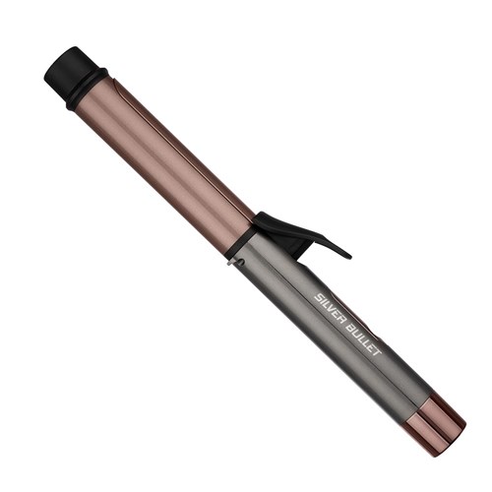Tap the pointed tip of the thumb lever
point(347,255)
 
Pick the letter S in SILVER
point(319,293)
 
